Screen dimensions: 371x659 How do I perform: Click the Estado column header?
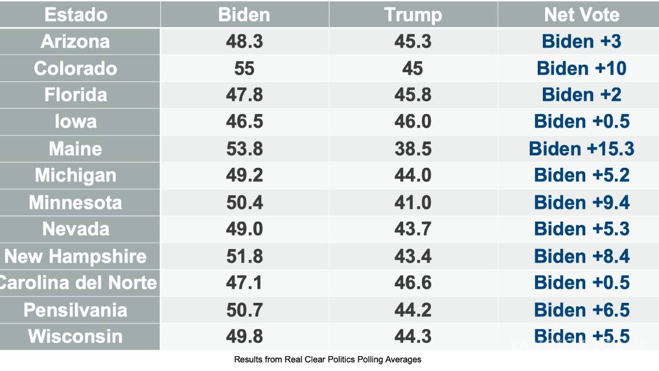coord(76,15)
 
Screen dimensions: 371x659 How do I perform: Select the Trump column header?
coord(412,15)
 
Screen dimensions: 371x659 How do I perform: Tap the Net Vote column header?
coord(581,15)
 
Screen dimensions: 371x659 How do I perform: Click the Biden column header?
coord(244,15)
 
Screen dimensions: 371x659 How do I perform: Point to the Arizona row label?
coord(76,41)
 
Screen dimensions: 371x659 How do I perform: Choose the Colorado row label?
coord(76,68)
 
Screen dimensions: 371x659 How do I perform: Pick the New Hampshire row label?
coord(76,256)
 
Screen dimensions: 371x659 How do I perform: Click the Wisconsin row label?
coord(76,336)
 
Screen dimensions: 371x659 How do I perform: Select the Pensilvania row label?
coord(76,310)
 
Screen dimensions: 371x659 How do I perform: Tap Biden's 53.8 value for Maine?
coord(244,149)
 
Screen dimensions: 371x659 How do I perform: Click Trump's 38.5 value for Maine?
coord(412,149)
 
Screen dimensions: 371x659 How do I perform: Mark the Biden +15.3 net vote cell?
coord(581,149)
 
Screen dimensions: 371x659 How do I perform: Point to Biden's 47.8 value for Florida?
coord(244,95)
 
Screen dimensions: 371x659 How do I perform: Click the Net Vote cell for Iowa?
coord(581,122)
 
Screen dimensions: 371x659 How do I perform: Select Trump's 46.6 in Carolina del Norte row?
coord(412,283)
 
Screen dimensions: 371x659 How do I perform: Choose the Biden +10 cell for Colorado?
coord(581,68)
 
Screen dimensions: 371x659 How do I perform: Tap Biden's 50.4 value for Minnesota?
coord(244,202)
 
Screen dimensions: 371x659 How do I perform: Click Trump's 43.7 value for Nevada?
coord(412,229)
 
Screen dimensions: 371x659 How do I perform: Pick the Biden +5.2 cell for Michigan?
coord(581,175)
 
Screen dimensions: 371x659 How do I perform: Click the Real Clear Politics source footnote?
coord(327,360)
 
